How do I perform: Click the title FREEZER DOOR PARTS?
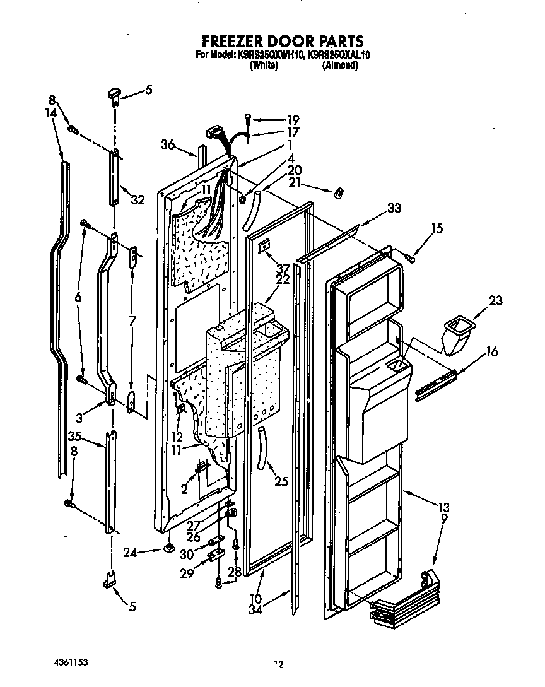[282, 42]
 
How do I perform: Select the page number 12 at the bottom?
[278, 663]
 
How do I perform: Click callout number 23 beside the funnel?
[496, 301]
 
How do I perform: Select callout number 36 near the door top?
[167, 144]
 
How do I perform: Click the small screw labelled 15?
[411, 257]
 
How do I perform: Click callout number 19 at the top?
[293, 119]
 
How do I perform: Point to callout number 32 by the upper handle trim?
[138, 200]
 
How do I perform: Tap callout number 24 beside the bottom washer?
[131, 553]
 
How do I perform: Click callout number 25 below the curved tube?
[281, 481]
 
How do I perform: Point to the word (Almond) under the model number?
[340, 64]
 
